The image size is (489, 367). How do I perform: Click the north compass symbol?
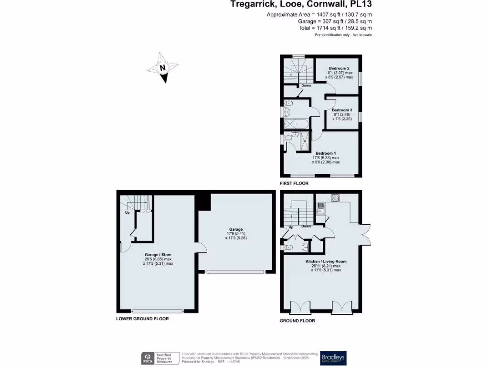(x=163, y=68)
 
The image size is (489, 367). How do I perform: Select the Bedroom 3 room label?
(x=342, y=110)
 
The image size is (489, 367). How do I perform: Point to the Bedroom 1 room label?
(x=326, y=153)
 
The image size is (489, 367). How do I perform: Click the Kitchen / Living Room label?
(x=326, y=261)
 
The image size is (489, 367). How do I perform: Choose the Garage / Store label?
(x=158, y=255)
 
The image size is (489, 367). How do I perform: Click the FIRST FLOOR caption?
(x=294, y=183)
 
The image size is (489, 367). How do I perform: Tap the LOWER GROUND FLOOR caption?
(x=142, y=319)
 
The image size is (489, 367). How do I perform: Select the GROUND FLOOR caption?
(x=297, y=321)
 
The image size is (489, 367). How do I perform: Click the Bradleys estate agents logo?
(x=333, y=358)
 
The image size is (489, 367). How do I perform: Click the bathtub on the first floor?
(x=296, y=124)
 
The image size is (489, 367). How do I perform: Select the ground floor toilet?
(x=289, y=248)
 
